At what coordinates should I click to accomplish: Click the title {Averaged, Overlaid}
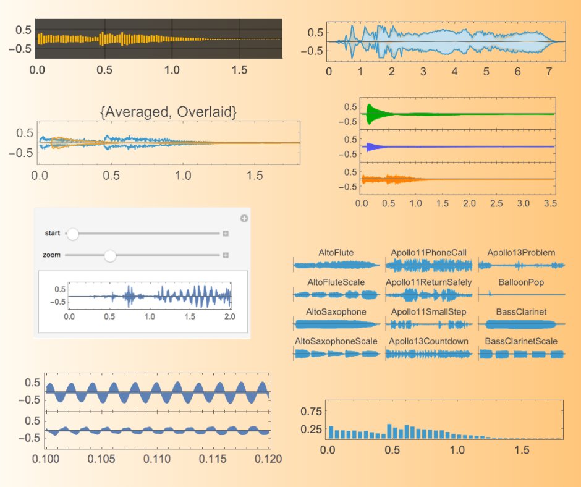click(168, 112)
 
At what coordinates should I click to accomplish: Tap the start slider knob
click(72, 234)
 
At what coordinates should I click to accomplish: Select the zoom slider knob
click(110, 255)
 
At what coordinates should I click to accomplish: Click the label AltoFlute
click(336, 252)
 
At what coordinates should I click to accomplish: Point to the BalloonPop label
click(521, 282)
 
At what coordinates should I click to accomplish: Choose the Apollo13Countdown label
click(428, 341)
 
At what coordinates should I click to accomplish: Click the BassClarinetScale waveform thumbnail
click(522, 355)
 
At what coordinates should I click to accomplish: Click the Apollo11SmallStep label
click(428, 311)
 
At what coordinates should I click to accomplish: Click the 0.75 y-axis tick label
click(311, 411)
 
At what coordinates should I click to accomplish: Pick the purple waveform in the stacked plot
click(371, 147)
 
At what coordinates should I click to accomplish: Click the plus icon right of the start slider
click(226, 234)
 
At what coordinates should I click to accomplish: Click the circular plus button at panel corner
click(244, 218)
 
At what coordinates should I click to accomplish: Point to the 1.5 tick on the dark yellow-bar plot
click(239, 70)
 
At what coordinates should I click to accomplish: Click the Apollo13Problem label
click(521, 252)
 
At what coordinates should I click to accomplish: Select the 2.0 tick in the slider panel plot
click(229, 316)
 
